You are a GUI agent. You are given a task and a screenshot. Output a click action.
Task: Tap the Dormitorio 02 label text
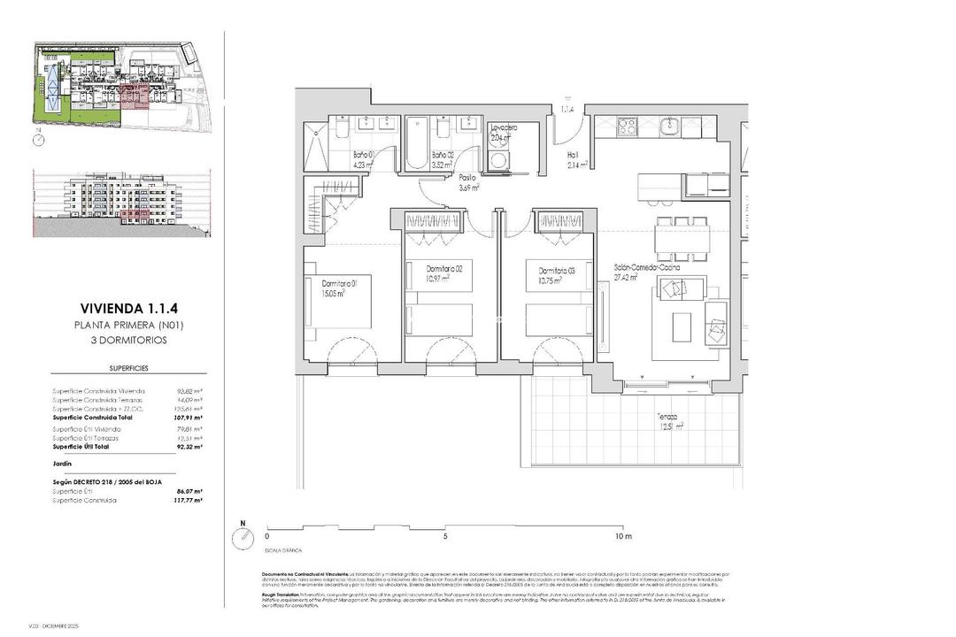pyautogui.click(x=443, y=268)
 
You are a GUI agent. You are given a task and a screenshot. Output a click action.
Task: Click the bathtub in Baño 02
pyautogui.click(x=417, y=142)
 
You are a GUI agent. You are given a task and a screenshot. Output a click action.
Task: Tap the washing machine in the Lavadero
pyautogui.click(x=501, y=162)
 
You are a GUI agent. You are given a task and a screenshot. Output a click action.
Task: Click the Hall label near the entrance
pyautogui.click(x=572, y=155)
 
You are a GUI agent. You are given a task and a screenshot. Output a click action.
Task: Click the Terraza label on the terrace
pyautogui.click(x=668, y=416)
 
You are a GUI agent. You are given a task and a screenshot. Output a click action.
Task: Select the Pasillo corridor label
pyautogui.click(x=467, y=177)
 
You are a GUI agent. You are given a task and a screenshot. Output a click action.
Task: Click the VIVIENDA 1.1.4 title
pyautogui.click(x=128, y=309)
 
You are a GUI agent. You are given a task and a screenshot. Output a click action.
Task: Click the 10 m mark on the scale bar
pyautogui.click(x=622, y=537)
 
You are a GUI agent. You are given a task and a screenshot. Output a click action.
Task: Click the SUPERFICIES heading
pyautogui.click(x=128, y=366)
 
